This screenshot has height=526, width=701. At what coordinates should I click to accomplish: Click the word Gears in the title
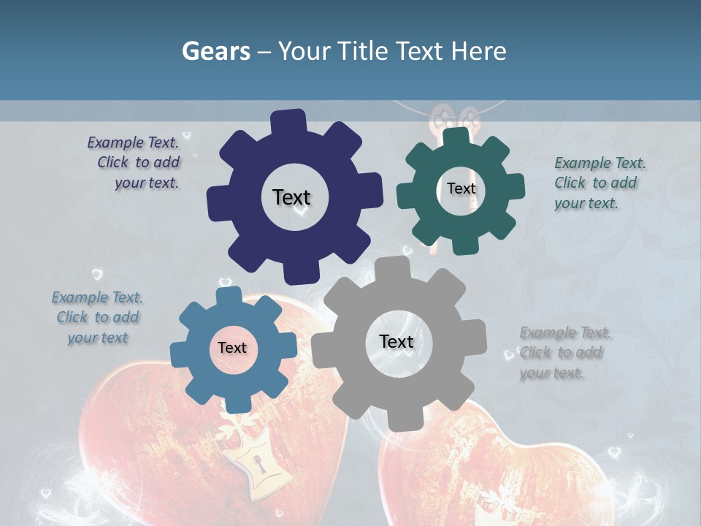pyautogui.click(x=215, y=51)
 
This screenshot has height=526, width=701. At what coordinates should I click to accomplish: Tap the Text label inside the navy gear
pyautogui.click(x=291, y=197)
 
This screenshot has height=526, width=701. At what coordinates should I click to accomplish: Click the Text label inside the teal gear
pyautogui.click(x=461, y=188)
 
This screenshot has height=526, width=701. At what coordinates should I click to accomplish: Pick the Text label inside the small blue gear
pyautogui.click(x=232, y=348)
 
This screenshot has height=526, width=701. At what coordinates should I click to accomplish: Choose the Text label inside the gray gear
pyautogui.click(x=396, y=342)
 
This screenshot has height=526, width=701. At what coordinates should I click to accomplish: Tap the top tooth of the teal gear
pyautogui.click(x=456, y=137)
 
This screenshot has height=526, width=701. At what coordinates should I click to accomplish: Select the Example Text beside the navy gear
pyautogui.click(x=134, y=163)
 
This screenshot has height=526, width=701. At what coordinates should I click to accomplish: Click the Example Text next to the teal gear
pyautogui.click(x=599, y=183)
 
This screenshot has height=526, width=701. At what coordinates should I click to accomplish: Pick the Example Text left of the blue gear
pyautogui.click(x=97, y=318)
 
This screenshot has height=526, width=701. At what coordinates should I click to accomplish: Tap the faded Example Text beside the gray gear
pyautogui.click(x=564, y=353)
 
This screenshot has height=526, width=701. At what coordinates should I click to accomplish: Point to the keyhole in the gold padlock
pyautogui.click(x=257, y=463)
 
